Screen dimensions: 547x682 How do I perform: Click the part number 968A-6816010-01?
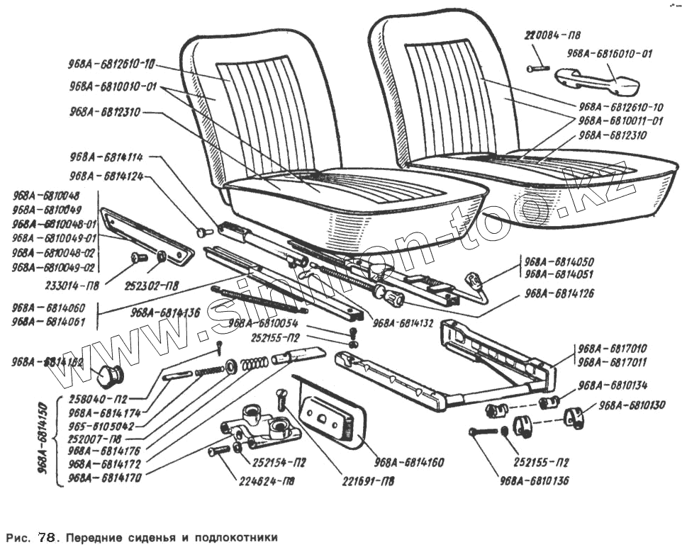610,53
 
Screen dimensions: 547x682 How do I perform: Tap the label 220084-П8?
553,35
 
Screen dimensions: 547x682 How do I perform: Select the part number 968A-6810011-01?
620,121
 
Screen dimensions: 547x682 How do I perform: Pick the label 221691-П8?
366,480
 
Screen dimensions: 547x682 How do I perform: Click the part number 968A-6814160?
409,463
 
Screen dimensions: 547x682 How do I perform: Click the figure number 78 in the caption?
45,536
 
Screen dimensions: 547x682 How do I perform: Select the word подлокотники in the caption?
231,536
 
